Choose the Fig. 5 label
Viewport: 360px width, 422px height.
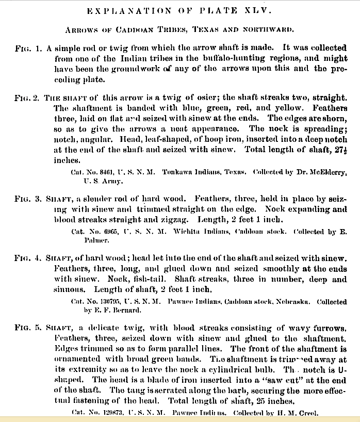(26, 329)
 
